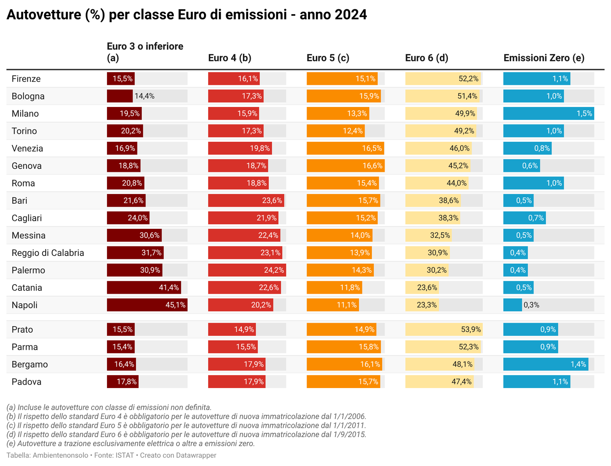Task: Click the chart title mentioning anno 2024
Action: coord(187,15)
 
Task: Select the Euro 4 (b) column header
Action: coord(230,58)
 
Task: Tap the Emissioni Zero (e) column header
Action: coord(544,58)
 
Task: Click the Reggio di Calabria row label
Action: coord(48,253)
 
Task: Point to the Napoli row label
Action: coord(24,305)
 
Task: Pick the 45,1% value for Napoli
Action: coord(176,305)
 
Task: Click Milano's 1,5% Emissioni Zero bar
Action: coord(548,113)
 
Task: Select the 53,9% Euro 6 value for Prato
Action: coord(471,329)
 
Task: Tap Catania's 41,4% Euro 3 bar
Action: coord(144,288)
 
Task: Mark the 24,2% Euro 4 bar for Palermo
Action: coord(247,270)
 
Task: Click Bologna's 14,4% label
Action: coord(144,96)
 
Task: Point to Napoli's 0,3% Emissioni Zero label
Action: coord(531,305)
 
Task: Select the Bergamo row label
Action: coord(30,364)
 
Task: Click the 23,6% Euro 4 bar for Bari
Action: coord(246,201)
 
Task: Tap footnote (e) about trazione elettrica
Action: coord(131,443)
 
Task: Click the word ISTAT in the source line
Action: coord(124,455)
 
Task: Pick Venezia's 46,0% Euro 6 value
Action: coord(459,148)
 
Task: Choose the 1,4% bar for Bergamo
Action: coord(545,364)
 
